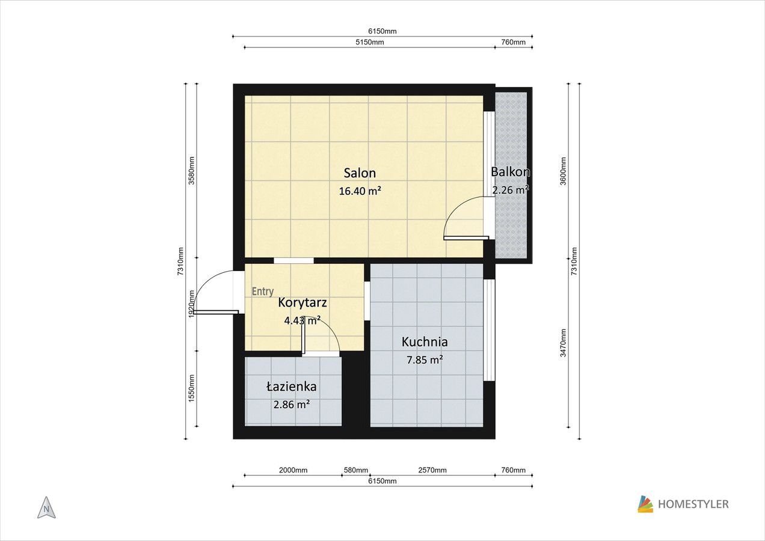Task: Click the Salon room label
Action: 360,173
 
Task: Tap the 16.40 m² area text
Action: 360,191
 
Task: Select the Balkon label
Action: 511,172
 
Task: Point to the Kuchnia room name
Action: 425,341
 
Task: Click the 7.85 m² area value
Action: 425,359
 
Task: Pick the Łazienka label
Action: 291,387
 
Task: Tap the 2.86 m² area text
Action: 291,405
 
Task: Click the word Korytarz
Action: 303,303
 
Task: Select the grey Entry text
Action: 263,292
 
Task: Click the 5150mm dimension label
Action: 370,42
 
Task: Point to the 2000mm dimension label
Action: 293,470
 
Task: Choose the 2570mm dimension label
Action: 432,470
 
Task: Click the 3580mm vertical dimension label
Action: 192,171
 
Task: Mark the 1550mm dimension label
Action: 192,388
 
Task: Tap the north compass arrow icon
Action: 46,508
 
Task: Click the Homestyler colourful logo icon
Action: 645,504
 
